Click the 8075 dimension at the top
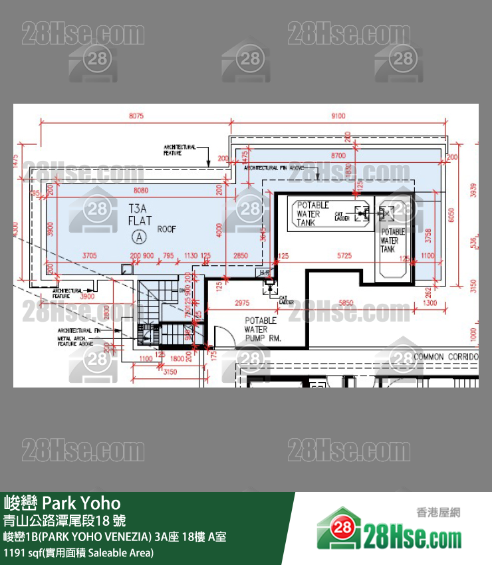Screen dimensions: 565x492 click(x=136, y=116)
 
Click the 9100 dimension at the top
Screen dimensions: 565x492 click(x=338, y=116)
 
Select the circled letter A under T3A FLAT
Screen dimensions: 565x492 click(x=139, y=235)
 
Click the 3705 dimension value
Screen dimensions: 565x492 click(x=90, y=255)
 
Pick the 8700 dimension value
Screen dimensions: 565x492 click(x=338, y=155)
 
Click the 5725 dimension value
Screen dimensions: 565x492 click(x=344, y=255)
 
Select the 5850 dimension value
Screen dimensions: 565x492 click(x=346, y=303)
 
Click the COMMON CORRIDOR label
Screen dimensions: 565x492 click(x=445, y=357)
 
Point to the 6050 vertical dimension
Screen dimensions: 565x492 click(x=452, y=215)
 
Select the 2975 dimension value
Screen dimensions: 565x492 click(x=242, y=303)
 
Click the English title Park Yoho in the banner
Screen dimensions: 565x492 click(x=62, y=503)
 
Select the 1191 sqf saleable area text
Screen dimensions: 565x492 click(x=78, y=552)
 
